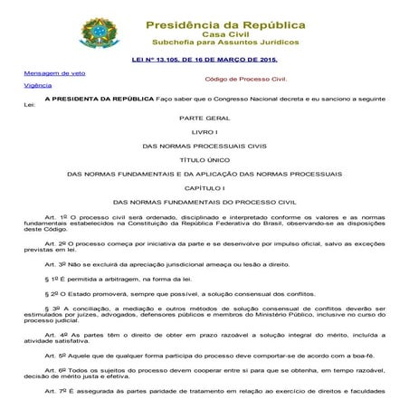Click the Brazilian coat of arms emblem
click(93, 33)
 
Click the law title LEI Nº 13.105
click(203, 61)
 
